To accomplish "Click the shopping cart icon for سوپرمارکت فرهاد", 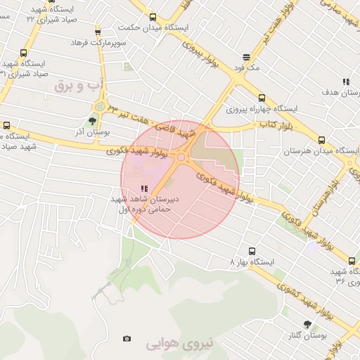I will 97,32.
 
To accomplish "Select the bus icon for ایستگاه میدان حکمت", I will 153,17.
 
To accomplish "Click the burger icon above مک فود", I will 246,57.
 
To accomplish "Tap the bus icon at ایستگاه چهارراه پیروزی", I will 262,98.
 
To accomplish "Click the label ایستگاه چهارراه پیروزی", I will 262,110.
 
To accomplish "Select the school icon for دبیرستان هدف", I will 345,82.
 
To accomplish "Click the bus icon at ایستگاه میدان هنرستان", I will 321,140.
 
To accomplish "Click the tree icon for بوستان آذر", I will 93,121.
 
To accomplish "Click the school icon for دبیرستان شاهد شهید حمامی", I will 144,188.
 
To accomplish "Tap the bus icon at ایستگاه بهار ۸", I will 252,250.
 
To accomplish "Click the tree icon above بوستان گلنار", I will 307,324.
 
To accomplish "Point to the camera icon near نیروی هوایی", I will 127,338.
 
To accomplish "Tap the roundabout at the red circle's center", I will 181,158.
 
